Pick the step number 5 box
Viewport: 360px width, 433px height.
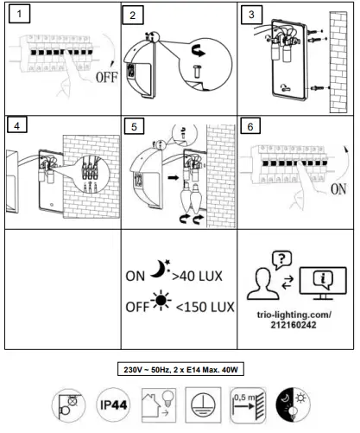pyautogui.click(x=132, y=126)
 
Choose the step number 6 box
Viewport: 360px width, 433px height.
pyautogui.click(x=250, y=126)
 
